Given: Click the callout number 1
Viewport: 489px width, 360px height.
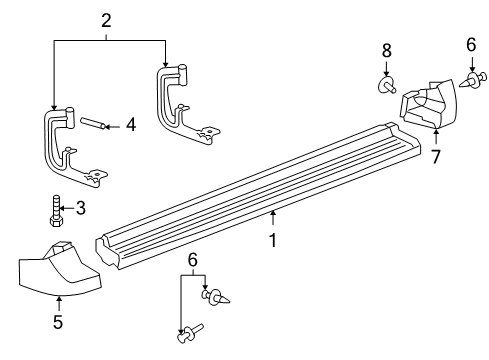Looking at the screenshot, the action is pyautogui.click(x=273, y=241).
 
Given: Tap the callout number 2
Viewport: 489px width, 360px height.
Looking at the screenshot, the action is pyautogui.click(x=106, y=21).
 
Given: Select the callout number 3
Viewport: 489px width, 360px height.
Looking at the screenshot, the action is pyautogui.click(x=81, y=208).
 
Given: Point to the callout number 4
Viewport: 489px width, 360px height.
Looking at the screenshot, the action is pyautogui.click(x=131, y=125).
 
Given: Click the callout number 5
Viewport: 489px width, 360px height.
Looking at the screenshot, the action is pyautogui.click(x=58, y=322).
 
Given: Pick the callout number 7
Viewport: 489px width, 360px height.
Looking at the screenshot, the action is pyautogui.click(x=436, y=157).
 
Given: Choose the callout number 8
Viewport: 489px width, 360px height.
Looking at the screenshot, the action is pyautogui.click(x=387, y=51).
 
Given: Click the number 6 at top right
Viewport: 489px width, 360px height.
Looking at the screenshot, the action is pyautogui.click(x=471, y=45).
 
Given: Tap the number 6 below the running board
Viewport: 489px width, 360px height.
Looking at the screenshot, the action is pyautogui.click(x=193, y=260).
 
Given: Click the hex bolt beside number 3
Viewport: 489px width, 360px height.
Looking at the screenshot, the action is pyautogui.click(x=57, y=211).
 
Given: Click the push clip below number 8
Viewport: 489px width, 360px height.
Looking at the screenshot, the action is pyautogui.click(x=388, y=85).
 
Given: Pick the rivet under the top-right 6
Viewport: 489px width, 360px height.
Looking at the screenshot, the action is pyautogui.click(x=473, y=80).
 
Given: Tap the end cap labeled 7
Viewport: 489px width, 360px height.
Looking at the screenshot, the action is pyautogui.click(x=428, y=103).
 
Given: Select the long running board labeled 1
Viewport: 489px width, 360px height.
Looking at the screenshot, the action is pyautogui.click(x=258, y=197).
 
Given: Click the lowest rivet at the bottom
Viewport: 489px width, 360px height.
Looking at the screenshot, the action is pyautogui.click(x=190, y=333).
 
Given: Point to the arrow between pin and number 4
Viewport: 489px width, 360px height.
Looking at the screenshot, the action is pyautogui.click(x=113, y=127).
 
